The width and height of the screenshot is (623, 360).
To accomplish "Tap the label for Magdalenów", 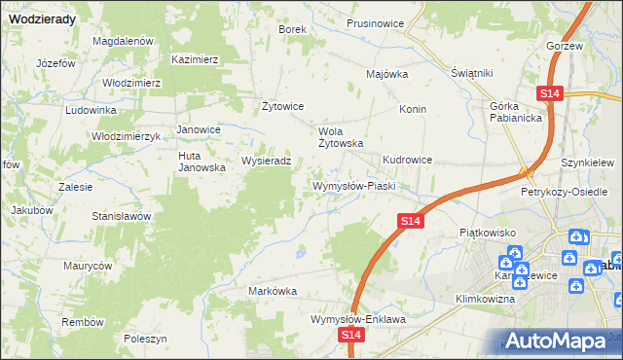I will click(124, 42).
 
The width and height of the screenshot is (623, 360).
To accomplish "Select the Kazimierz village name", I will click(195, 59).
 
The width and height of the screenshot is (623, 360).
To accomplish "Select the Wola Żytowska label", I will click(341, 136).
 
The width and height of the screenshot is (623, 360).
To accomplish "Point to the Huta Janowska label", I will click(202, 162).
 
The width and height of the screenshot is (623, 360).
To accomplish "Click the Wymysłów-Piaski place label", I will click(351, 185).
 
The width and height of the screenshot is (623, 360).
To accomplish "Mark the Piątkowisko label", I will click(486, 234).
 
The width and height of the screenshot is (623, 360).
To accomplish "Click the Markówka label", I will click(273, 291).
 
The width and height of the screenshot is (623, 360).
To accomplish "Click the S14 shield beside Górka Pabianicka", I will click(550, 92).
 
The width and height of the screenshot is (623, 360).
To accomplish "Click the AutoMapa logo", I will click(558, 341).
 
